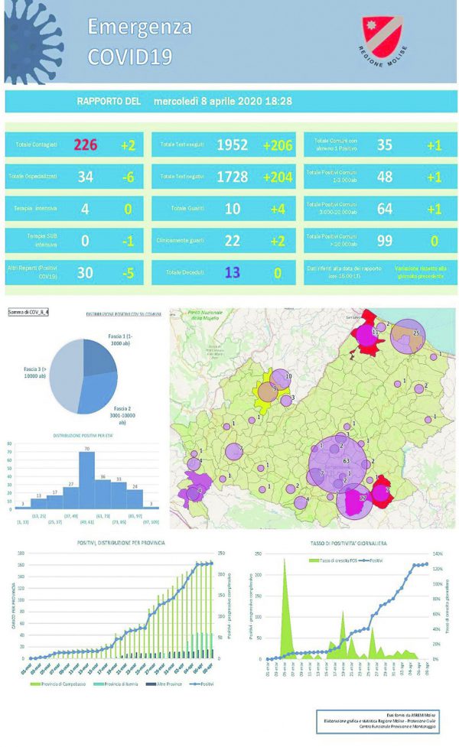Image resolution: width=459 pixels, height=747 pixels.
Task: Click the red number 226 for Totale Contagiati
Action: coord(85,145)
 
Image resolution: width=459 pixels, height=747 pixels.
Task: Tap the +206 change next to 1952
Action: coord(278,145)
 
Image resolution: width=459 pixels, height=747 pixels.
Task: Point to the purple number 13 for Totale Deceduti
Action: coord(233,273)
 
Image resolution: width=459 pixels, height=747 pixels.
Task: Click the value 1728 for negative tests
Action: coord(233,177)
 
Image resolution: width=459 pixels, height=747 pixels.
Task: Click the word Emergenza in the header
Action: coord(139,28)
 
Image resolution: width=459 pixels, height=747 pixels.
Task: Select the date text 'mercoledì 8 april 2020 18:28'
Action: coord(222,101)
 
